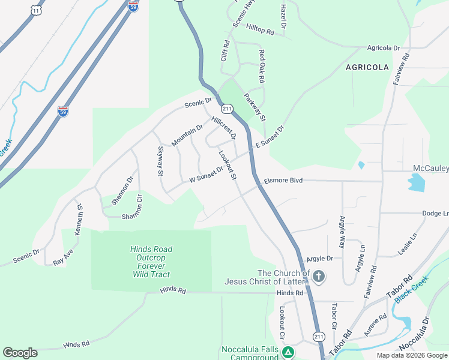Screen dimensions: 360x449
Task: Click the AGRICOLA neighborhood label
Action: pos(367,67)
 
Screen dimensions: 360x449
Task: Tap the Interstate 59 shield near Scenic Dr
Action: pos(63,112)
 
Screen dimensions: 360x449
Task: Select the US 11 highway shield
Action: pos(38,10)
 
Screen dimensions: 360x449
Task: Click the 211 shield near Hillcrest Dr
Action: pos(226,109)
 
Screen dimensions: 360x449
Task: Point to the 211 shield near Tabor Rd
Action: pos(319,336)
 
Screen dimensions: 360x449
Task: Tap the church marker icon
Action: pos(318,277)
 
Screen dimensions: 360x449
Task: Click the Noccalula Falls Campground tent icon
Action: pos(288,352)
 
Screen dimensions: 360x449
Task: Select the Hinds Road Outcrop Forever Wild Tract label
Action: pos(151,262)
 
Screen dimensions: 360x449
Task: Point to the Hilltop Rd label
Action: pos(260,29)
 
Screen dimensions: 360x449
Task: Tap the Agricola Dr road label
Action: pos(384,47)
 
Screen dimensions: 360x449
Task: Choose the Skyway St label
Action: pos(160,161)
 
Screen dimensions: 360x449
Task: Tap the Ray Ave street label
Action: pos(63,257)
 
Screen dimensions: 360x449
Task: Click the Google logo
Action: pos(20,353)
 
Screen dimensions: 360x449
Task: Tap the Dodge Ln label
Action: pos(435,213)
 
